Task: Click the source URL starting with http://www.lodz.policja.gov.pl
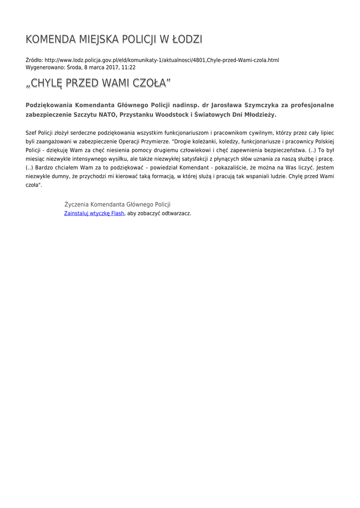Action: pos(161,60)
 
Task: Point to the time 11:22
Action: pos(129,67)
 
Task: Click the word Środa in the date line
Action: pos(74,67)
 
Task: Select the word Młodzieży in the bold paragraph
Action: pos(258,115)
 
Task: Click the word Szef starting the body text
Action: pos(31,133)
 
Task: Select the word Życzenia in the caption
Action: pos(76,204)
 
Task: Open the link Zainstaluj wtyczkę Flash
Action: pos(94,213)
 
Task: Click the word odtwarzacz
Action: pos(176,213)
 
